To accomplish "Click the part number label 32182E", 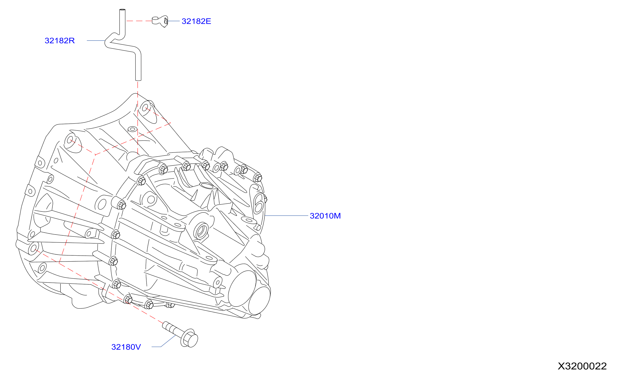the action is (x=196, y=21).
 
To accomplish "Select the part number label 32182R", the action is (x=59, y=41).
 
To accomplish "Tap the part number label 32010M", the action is (x=325, y=216).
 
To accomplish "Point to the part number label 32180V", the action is (x=126, y=347).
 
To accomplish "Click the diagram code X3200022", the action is (x=582, y=366).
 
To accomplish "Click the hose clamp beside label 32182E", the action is (x=160, y=21).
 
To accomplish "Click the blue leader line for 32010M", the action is (x=286, y=216).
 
